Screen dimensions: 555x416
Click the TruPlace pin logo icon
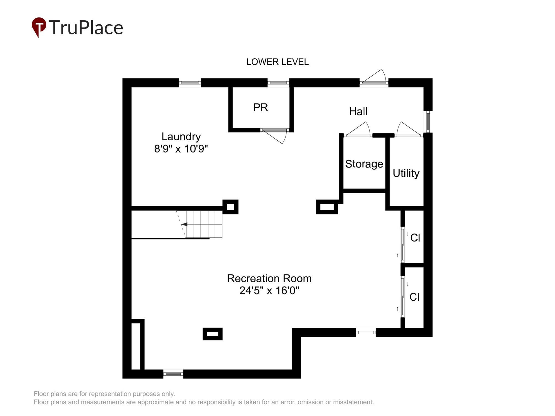(x=39, y=27)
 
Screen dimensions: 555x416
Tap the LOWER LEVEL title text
(x=277, y=62)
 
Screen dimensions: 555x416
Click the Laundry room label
(x=181, y=137)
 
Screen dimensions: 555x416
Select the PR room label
(x=260, y=107)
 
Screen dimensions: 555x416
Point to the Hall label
(x=358, y=111)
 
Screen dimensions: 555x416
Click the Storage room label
(x=364, y=164)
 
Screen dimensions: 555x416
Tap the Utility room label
(x=406, y=173)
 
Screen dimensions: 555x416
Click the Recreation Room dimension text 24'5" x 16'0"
(x=269, y=291)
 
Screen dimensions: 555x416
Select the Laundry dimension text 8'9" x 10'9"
(x=181, y=149)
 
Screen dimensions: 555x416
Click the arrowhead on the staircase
(x=184, y=224)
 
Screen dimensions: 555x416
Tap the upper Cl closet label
(x=415, y=238)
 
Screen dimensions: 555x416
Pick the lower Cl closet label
(x=414, y=297)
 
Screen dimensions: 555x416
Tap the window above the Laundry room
(x=190, y=83)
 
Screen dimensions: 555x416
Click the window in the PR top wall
(x=278, y=83)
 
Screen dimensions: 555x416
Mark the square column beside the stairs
(x=230, y=207)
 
